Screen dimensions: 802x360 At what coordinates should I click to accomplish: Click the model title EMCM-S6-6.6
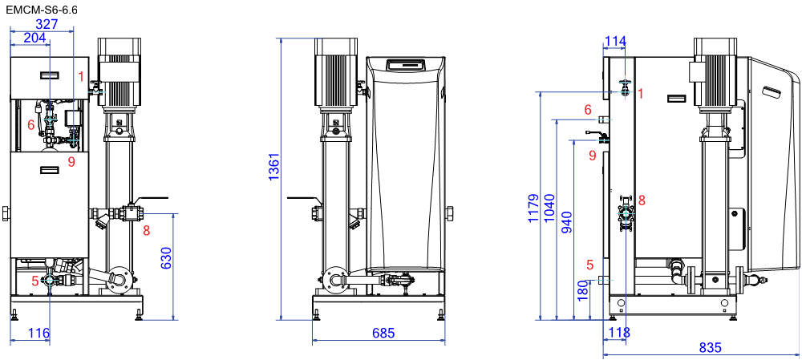(x=42, y=10)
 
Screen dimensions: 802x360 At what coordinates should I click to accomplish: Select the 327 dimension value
(x=47, y=24)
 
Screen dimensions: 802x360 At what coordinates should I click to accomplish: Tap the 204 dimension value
(x=34, y=38)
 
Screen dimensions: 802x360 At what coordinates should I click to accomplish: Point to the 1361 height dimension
(x=274, y=167)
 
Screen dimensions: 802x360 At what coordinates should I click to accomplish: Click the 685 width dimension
(x=383, y=334)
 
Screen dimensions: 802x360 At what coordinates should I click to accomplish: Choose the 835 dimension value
(x=710, y=348)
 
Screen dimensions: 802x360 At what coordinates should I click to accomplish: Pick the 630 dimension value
(x=166, y=259)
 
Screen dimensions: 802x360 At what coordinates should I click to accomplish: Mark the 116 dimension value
(x=38, y=334)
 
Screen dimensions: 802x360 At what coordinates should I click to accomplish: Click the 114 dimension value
(x=615, y=41)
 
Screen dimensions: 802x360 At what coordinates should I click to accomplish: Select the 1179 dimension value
(x=533, y=208)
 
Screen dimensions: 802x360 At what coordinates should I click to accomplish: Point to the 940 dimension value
(x=566, y=221)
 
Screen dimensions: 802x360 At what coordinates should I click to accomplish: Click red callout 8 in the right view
(x=642, y=200)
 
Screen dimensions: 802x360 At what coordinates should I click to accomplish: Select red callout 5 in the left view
(x=34, y=281)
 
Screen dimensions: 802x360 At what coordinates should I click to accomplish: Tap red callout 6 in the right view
(x=588, y=109)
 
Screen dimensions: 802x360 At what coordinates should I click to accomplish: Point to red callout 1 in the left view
(x=81, y=77)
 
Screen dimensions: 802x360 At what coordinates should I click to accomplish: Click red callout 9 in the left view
(x=71, y=162)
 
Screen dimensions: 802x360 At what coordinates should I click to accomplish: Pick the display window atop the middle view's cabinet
(x=406, y=64)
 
